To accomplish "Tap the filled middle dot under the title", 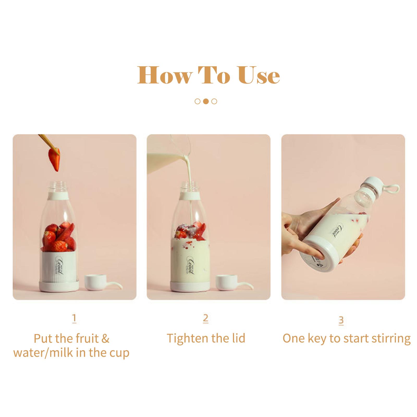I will [206, 101].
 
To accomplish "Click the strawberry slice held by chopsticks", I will [54, 159].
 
